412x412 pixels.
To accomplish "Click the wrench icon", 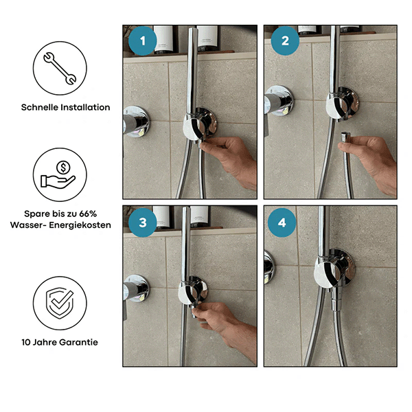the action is click(60, 68).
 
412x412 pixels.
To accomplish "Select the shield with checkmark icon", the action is click(60, 303).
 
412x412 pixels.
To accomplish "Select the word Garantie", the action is click(78, 342).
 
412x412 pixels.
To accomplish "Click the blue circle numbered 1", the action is click(142, 41).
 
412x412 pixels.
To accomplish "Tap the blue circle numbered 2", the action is click(285, 41).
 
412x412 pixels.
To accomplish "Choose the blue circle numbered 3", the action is click(142, 222).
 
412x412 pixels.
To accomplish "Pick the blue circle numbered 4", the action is click(282, 222).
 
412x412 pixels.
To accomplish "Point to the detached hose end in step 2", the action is click(344, 139).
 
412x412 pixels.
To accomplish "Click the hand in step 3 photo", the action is click(226, 325).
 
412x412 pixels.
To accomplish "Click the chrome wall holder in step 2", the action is click(341, 104).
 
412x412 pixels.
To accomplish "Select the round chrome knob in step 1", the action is click(135, 122).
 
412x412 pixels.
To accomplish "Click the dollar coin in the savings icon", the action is click(63, 167).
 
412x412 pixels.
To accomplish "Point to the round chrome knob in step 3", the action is click(135, 288).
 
